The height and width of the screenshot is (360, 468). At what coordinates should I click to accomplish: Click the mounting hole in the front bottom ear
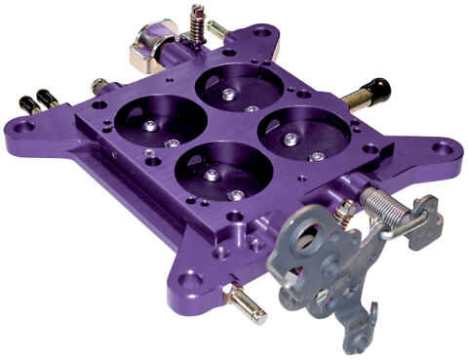pos(193,282)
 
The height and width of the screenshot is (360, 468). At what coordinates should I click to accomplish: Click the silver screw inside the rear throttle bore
pos(226,94)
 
